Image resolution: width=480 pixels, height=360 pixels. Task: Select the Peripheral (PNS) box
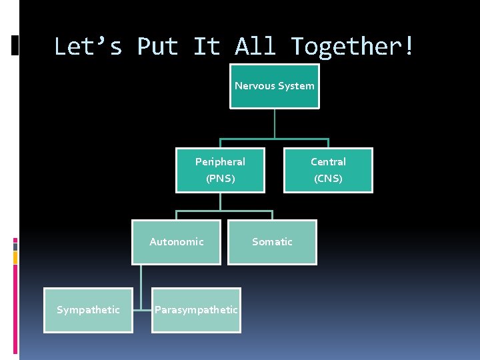point(220,170)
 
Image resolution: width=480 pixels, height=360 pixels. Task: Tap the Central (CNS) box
point(328,170)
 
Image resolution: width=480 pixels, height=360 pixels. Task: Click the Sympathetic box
point(88,310)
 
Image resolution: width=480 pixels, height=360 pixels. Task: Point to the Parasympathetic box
point(196,310)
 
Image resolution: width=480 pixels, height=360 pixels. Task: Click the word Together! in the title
point(353,47)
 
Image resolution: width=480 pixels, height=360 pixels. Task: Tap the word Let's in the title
point(88,47)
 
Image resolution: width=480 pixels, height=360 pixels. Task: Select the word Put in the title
point(157,47)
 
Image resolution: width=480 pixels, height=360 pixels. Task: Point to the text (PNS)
point(220,179)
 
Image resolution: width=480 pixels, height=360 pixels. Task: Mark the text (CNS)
point(328,179)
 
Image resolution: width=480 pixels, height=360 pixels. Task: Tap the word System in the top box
point(297,85)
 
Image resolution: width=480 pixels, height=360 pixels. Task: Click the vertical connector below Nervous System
point(275,123)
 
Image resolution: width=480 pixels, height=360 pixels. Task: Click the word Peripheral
point(220,161)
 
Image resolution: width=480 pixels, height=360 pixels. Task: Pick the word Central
point(328,161)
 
